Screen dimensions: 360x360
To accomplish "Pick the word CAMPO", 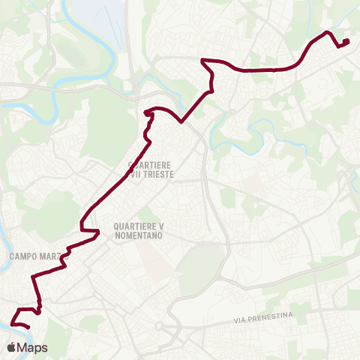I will coord(24,256).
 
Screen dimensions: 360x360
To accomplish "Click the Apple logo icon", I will coord(12,347).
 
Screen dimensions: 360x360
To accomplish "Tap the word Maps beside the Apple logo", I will coord(33,347).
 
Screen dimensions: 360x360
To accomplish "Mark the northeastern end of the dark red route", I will coord(346,41).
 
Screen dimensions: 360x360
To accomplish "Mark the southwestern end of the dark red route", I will coord(28,327).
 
